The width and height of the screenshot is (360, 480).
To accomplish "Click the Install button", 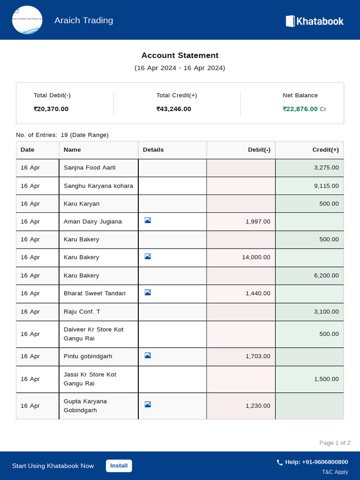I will (119, 465).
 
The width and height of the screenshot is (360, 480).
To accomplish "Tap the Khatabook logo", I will (315, 21).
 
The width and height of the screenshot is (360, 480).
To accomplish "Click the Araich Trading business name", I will (83, 20).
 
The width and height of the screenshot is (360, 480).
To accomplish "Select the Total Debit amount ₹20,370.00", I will (51, 109).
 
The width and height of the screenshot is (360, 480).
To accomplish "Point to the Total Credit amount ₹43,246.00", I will (174, 109).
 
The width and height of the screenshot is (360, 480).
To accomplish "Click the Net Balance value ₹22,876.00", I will (300, 109).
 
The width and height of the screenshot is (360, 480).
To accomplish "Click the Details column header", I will (153, 150).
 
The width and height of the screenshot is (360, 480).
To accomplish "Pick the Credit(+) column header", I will (325, 150).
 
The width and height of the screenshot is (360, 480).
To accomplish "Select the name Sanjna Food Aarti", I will (90, 167).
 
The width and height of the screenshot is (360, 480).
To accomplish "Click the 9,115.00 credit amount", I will (326, 186).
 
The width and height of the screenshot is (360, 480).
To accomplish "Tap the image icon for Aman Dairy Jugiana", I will (148, 220).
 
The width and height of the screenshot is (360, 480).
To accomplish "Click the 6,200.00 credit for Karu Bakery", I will (326, 275).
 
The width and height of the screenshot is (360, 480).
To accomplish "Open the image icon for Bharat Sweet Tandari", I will (148, 292).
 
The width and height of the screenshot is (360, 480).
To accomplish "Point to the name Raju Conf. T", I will (82, 311).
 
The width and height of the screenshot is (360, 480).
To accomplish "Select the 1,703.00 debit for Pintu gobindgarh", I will (258, 356).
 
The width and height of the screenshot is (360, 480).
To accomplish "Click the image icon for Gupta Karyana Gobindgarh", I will (148, 405).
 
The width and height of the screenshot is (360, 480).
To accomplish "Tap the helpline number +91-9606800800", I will (316, 462).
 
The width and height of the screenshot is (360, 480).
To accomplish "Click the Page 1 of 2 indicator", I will (335, 443).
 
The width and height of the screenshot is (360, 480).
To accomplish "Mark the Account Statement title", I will (180, 55).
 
